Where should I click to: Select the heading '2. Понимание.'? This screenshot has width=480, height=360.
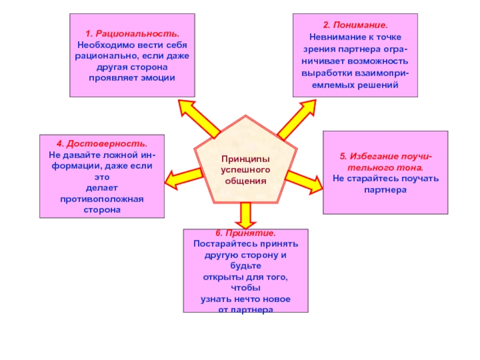click(355, 26)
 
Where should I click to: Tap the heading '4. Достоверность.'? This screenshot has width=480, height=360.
click(101, 145)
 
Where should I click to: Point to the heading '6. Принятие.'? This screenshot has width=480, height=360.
click(246, 233)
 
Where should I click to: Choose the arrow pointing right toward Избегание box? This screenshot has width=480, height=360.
click(304, 178)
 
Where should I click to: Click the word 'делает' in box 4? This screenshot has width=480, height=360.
click(101, 188)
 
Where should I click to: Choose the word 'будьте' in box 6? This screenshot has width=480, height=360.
click(246, 266)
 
